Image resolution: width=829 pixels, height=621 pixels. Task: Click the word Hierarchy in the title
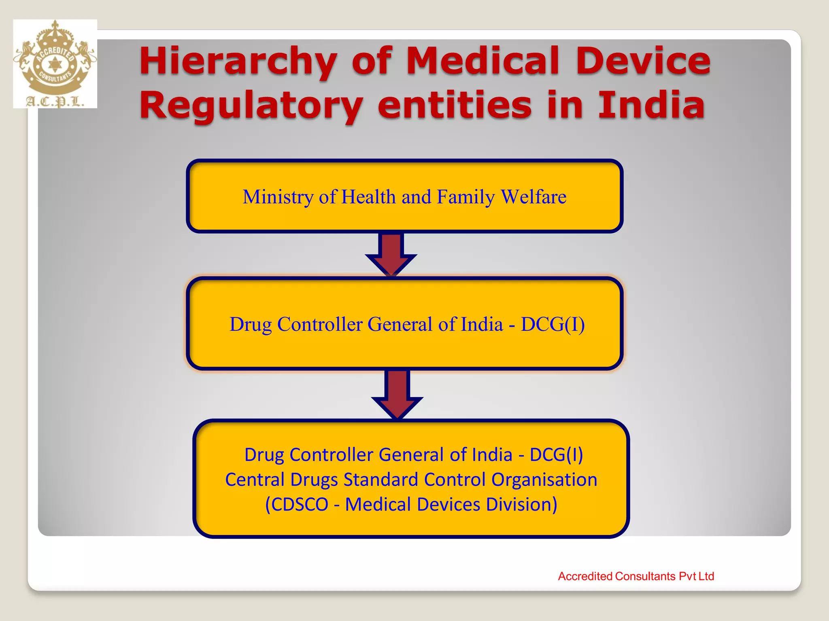pos(238,61)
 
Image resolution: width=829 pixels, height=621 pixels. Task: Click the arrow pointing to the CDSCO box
pos(397,395)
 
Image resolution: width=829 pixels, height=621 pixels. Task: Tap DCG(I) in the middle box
pos(553,324)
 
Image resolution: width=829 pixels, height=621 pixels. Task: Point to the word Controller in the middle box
pos(320,324)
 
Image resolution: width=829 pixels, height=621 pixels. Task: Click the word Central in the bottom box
pos(255,480)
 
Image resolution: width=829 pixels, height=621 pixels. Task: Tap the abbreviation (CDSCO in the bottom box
pos(296,505)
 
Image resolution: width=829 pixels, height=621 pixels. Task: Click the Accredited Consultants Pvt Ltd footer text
pos(636,576)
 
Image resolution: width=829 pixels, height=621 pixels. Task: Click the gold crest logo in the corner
pos(55,61)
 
